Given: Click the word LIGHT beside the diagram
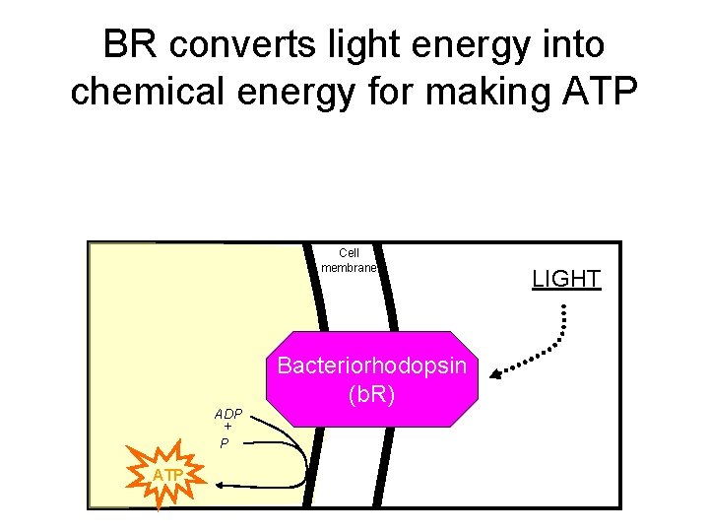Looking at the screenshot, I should coord(566,279).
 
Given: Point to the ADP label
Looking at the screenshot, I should coord(228,414).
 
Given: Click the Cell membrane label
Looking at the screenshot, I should coord(349,260).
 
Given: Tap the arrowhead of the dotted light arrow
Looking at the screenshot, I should coord(497,372).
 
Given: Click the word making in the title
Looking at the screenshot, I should coord(483,90).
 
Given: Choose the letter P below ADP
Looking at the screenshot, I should coord(225,444).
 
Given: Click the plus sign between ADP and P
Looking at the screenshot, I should coord(226,429).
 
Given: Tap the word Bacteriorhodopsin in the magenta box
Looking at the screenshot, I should coord(371,366).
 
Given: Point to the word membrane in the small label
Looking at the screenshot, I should coord(349,267).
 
